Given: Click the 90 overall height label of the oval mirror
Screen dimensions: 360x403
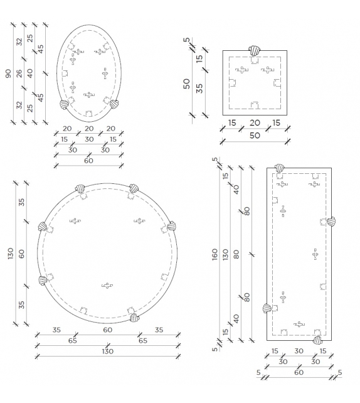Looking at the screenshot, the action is tap(9, 74).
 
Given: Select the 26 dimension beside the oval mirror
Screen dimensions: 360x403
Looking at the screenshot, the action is tap(19, 74).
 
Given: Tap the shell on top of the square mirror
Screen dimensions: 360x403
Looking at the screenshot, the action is tap(255, 51).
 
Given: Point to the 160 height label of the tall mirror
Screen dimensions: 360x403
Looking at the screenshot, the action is tap(215, 254).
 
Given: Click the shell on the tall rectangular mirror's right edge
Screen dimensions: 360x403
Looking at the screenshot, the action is tap(331, 222).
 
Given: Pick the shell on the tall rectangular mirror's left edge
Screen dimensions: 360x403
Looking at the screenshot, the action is tap(267, 308).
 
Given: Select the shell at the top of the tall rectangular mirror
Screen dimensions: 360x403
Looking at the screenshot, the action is tap(279, 169).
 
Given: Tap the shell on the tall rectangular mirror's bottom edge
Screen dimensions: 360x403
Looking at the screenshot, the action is tap(317, 340).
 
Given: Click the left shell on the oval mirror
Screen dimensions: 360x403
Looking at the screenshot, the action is tap(64, 104).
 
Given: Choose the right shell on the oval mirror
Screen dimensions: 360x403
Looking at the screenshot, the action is tap(114, 104).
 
